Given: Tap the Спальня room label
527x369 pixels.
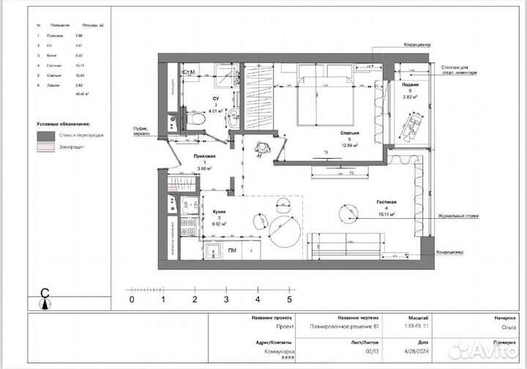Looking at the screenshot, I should (x=349, y=133).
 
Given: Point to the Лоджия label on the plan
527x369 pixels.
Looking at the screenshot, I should (x=409, y=85).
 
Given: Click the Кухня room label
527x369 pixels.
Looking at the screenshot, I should (x=219, y=210).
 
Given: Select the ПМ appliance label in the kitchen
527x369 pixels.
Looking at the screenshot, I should (x=232, y=251).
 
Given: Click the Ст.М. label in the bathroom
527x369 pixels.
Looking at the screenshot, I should (x=191, y=72).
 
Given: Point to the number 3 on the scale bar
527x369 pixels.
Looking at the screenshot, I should (x=225, y=299).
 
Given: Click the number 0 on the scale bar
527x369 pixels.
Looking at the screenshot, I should (x=132, y=299).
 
